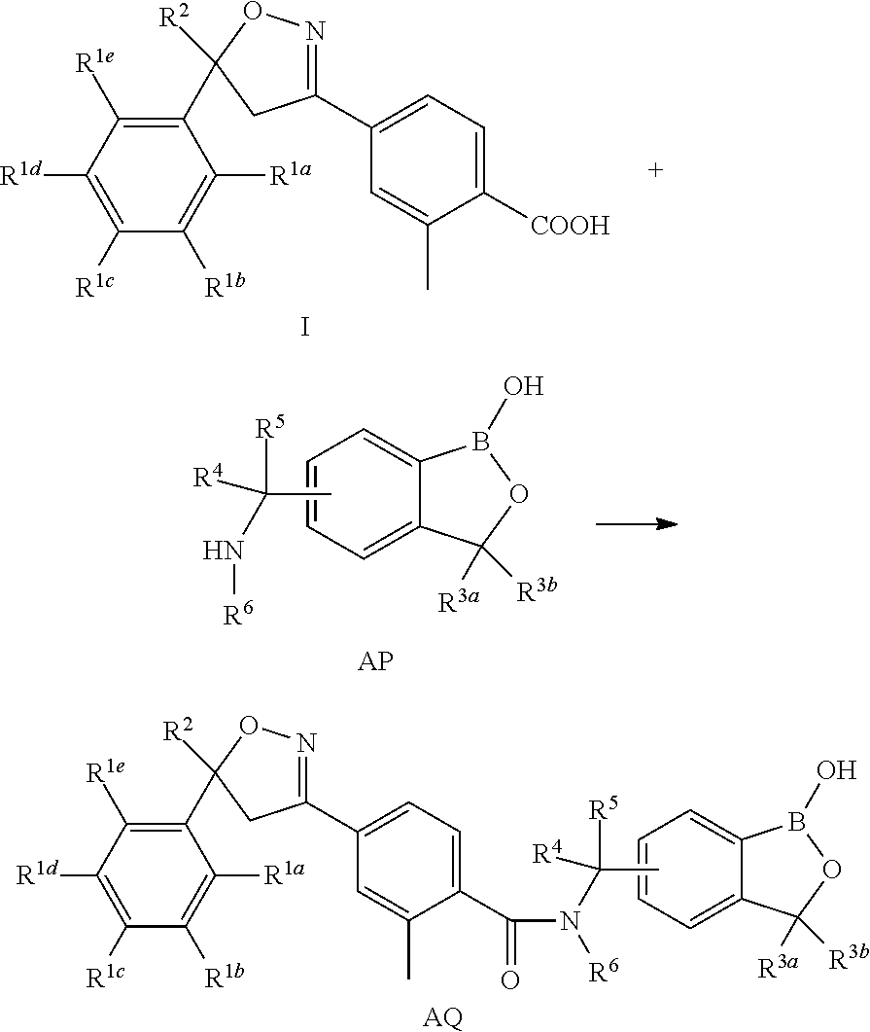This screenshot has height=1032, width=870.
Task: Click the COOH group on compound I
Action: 570,227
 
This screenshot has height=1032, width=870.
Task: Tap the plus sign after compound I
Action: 656,170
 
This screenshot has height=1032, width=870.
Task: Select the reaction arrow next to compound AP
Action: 636,523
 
